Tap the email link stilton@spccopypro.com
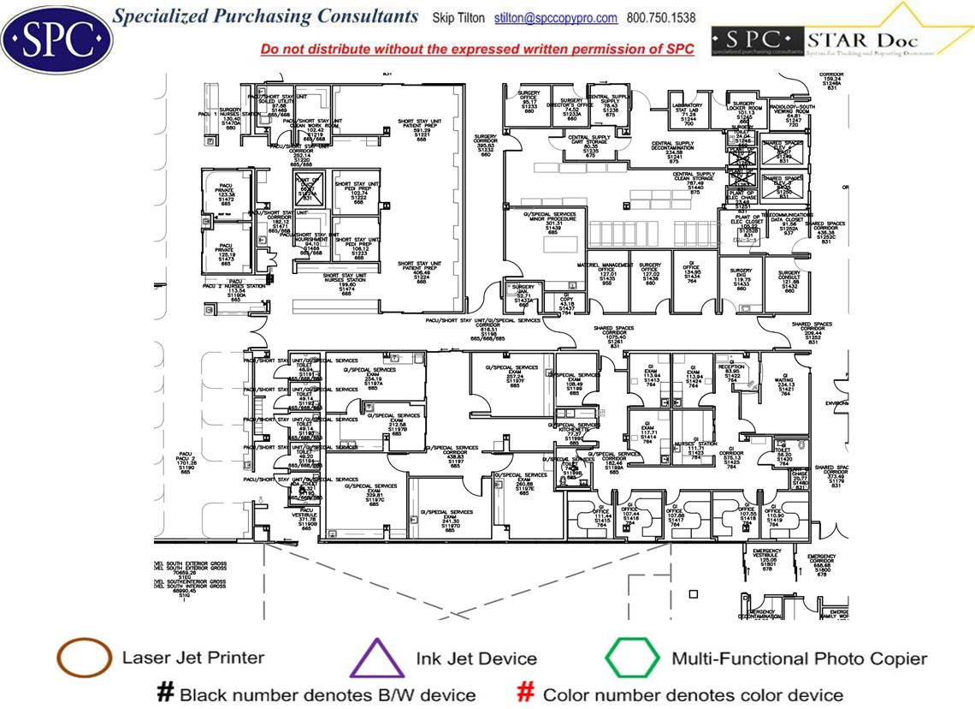pyautogui.click(x=556, y=18)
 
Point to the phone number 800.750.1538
pyautogui.click(x=661, y=18)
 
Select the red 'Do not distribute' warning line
pyautogui.click(x=477, y=50)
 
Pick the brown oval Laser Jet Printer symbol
pyautogui.click(x=84, y=658)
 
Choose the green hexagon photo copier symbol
pyautogui.click(x=632, y=658)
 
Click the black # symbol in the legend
pyautogui.click(x=166, y=693)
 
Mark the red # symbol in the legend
pyautogui.click(x=528, y=693)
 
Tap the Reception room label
pyautogui.click(x=732, y=371)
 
